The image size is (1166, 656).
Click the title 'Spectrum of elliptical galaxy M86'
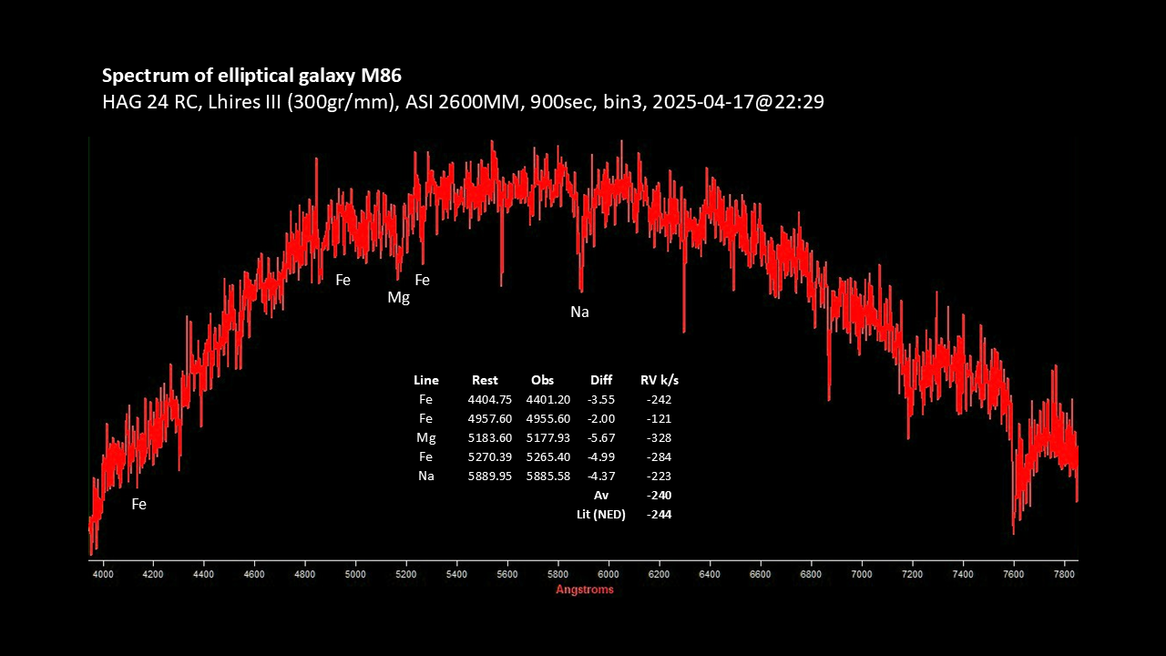[x=251, y=75]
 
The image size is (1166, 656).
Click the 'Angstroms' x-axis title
[x=585, y=589]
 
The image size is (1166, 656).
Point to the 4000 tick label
[x=104, y=574]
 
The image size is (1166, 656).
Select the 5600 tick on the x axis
[x=507, y=574]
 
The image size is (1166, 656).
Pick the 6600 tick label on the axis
[x=760, y=574]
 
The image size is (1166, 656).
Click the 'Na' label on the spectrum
[x=579, y=313]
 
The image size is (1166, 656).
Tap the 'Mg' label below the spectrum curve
[x=398, y=298]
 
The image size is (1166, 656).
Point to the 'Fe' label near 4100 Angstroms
[x=138, y=504]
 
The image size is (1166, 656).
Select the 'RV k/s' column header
[x=660, y=380]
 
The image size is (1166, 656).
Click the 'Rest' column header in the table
[x=485, y=380]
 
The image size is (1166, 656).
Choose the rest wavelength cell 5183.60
[x=490, y=437]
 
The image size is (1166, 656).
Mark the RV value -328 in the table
[x=659, y=437]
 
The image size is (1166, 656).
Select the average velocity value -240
[x=659, y=495]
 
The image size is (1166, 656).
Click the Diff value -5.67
[x=601, y=437]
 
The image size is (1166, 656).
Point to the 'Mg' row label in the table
[x=425, y=437]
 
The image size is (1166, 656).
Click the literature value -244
[x=659, y=514]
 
